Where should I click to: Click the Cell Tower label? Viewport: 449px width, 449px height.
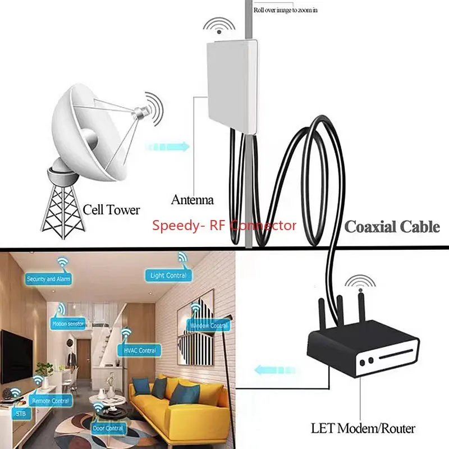pyautogui.click(x=111, y=210)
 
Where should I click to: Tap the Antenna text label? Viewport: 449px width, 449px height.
pyautogui.click(x=192, y=200)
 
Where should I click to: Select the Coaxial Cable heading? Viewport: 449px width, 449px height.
pyautogui.click(x=392, y=227)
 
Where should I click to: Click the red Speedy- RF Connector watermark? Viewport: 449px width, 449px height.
pyautogui.click(x=224, y=226)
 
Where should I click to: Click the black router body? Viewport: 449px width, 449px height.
pyautogui.click(x=365, y=354)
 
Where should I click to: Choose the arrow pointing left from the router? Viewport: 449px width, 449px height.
pyautogui.click(x=275, y=370)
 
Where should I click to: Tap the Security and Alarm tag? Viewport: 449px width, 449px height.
pyautogui.click(x=49, y=279)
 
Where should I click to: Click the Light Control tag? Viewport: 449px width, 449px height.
pyautogui.click(x=168, y=276)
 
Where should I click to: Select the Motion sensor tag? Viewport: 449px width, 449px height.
pyautogui.click(x=68, y=324)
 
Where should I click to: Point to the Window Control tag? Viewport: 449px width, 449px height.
pyautogui.click(x=209, y=326)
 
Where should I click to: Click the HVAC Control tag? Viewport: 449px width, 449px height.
pyautogui.click(x=136, y=351)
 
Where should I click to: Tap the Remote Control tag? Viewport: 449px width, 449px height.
pyautogui.click(x=52, y=401)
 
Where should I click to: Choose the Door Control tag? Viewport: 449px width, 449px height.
pyautogui.click(x=108, y=428)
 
